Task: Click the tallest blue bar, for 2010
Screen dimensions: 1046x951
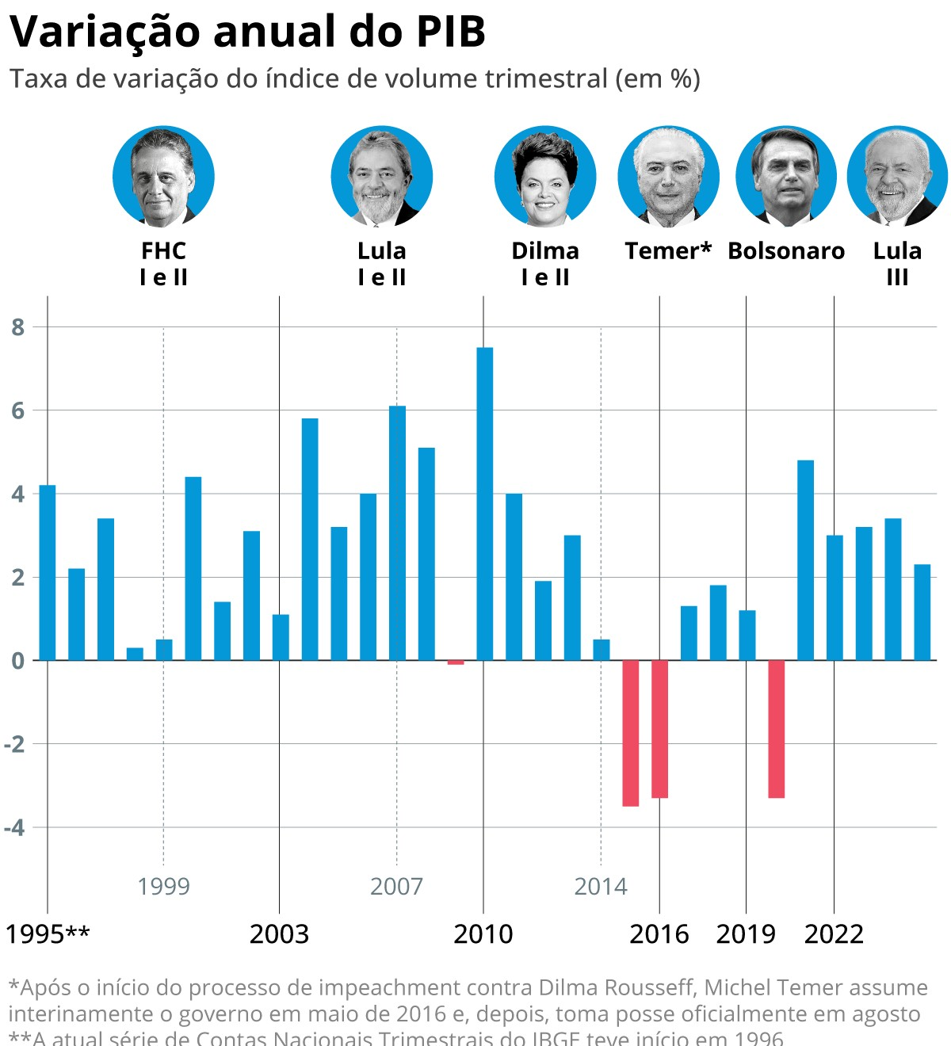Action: point(484,503)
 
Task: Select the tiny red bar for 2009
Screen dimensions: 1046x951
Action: point(455,662)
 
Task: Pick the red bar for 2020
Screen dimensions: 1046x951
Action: point(776,728)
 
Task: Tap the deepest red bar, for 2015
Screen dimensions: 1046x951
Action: point(630,733)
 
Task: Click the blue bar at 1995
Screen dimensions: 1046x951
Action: point(48,572)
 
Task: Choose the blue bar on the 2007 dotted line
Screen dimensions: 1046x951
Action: point(397,533)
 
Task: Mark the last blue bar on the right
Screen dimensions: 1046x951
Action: point(922,612)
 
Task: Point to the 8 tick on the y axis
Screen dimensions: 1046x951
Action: point(17,326)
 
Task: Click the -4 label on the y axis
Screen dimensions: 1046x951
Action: point(14,827)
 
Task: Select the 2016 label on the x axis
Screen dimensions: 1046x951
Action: point(659,934)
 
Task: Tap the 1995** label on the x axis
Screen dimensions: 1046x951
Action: point(48,934)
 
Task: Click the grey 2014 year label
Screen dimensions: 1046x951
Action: point(600,886)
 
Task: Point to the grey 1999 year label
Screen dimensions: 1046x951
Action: point(163,886)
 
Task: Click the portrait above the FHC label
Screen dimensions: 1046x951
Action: point(163,177)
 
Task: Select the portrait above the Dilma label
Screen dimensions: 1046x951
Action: point(545,177)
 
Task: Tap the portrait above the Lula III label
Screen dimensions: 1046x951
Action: point(897,177)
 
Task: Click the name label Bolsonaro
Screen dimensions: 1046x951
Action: point(786,251)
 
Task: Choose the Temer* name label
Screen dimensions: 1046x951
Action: point(668,251)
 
